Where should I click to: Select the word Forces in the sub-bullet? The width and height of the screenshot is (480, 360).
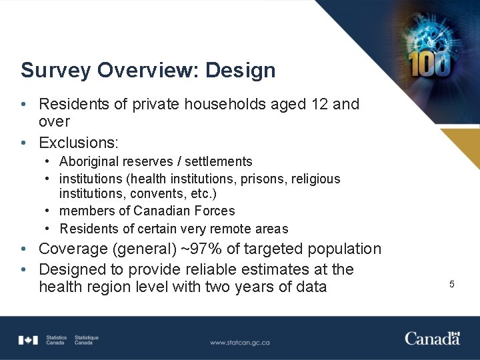[214, 211]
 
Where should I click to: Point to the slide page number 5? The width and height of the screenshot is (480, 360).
[451, 285]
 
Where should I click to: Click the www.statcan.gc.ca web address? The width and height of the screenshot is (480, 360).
[240, 342]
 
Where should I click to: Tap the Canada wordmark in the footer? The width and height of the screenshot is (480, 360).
[432, 338]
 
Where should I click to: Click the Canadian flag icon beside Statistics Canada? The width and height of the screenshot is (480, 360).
[28, 340]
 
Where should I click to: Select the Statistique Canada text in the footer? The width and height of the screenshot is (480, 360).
[87, 340]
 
